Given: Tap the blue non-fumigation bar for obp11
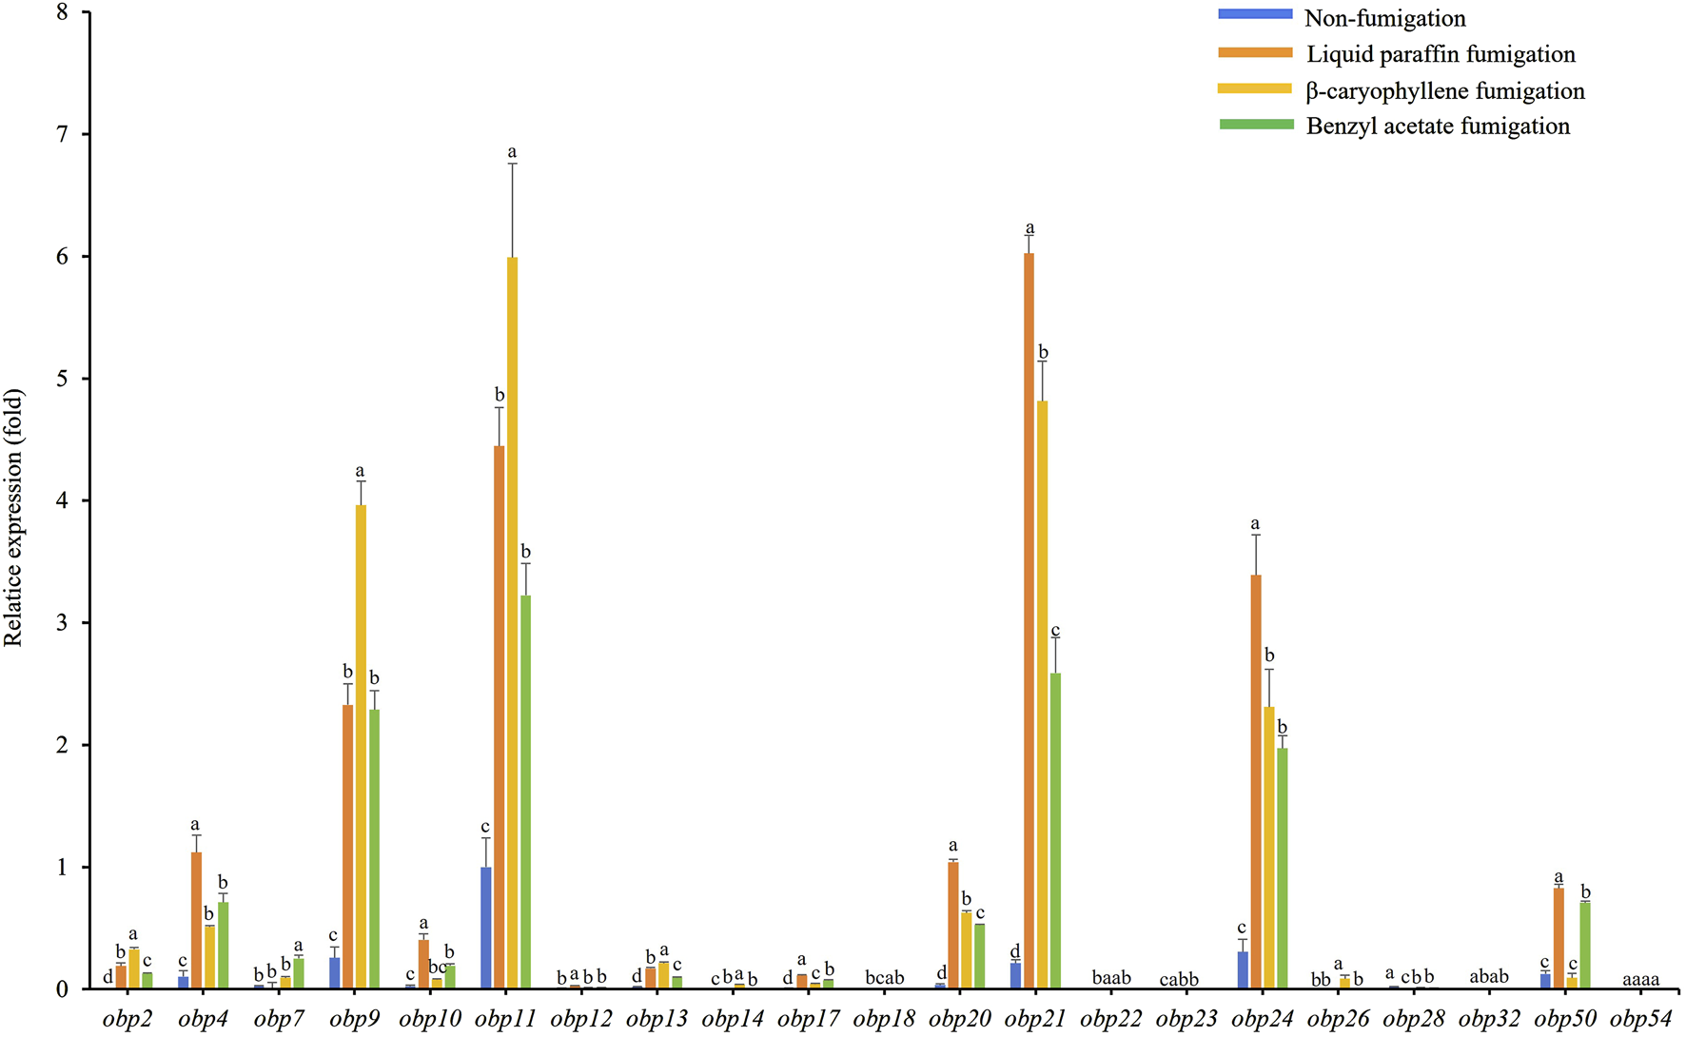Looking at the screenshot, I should [x=486, y=928].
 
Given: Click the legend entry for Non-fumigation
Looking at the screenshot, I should [x=1384, y=18].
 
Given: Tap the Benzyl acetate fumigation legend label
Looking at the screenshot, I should [x=1438, y=127].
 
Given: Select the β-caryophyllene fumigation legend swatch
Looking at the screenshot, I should [x=1256, y=88].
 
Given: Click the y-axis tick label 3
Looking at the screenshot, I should [x=63, y=623].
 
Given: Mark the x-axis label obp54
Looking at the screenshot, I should [x=1641, y=1020].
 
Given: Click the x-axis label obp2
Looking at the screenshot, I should [x=127, y=1020].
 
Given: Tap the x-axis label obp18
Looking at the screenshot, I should [x=884, y=1020].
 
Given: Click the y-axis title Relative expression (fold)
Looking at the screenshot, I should [x=13, y=518].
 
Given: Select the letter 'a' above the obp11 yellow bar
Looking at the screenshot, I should [x=512, y=152].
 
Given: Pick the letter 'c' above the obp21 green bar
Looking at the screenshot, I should [x=1055, y=631].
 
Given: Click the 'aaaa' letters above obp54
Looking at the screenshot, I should [x=1641, y=979].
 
